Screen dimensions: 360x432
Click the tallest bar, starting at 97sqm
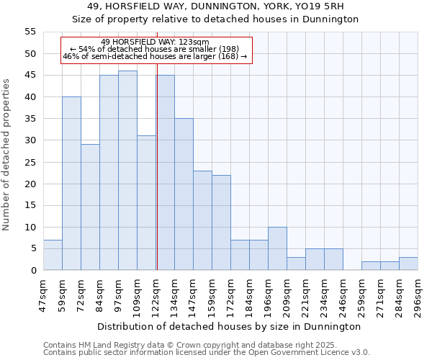127,171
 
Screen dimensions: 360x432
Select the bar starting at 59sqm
71,184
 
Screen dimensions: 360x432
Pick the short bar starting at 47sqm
53,255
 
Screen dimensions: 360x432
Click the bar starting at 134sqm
184,194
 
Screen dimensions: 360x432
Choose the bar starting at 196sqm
277,248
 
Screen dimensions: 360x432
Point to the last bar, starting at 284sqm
408,264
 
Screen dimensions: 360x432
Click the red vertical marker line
156,166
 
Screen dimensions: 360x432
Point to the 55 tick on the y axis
30,32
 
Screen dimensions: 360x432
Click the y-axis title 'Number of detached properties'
6,155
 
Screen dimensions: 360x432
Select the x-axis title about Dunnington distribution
230,326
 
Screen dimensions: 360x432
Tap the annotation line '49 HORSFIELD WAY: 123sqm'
156,42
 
